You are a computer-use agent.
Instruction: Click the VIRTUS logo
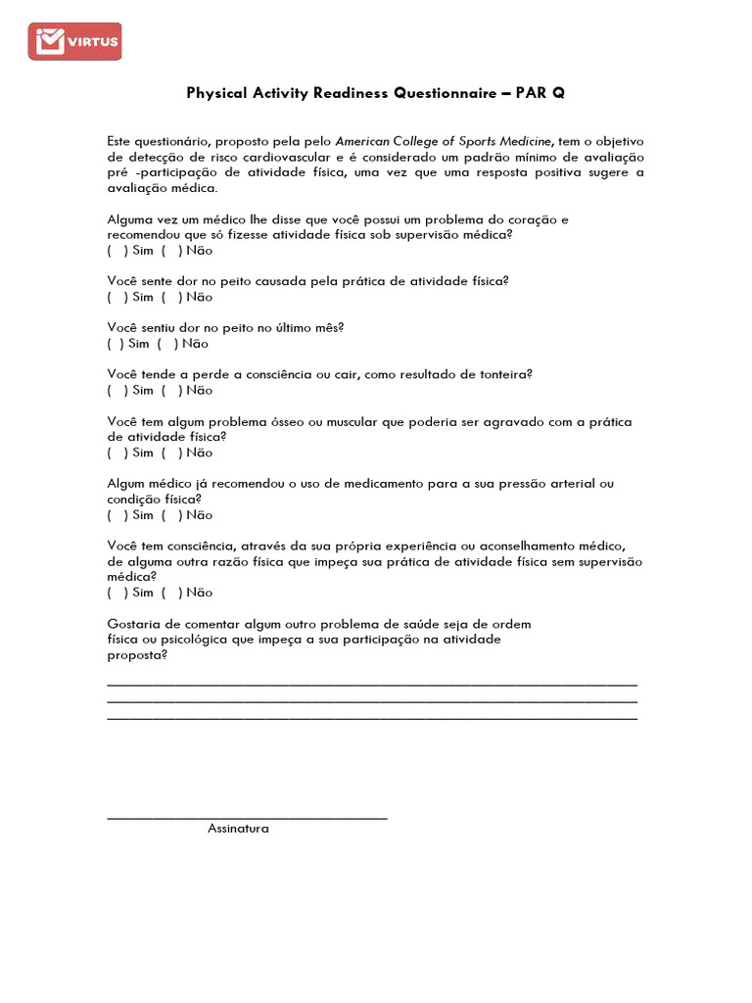[x=74, y=41]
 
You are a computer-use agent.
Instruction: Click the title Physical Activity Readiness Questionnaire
[x=375, y=93]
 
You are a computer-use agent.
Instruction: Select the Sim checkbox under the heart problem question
[x=117, y=251]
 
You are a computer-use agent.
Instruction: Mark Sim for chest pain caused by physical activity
[x=117, y=297]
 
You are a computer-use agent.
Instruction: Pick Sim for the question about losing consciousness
[x=117, y=391]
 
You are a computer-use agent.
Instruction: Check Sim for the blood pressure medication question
[x=117, y=515]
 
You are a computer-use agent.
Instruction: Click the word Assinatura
[x=238, y=829]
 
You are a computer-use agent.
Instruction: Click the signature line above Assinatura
[x=247, y=817]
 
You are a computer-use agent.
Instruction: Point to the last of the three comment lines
[x=372, y=719]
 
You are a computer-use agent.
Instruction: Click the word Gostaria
[x=134, y=624]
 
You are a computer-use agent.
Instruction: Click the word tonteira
[x=499, y=375]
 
